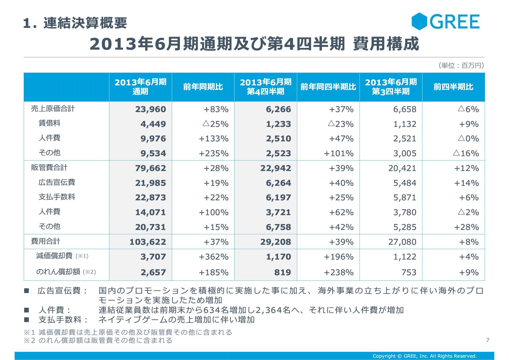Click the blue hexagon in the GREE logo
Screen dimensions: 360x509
tap(419, 21)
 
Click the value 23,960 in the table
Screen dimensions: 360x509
tap(150, 109)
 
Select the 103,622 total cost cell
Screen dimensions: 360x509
tap(147, 242)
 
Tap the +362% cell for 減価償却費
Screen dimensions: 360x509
tap(213, 257)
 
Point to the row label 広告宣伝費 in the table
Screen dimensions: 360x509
tap(57, 182)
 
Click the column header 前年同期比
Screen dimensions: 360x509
tap(203, 87)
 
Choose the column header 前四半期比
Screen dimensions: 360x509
tap(453, 87)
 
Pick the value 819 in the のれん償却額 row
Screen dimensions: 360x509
tap(282, 272)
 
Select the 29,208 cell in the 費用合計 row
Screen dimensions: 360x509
tap(275, 242)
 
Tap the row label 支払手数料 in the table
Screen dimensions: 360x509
tap(57, 197)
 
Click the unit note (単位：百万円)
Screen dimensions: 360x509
tap(461, 65)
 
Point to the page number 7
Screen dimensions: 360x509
tap(488, 340)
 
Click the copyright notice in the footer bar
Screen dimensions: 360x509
tap(425, 356)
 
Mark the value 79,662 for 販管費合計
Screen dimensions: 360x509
tap(150, 168)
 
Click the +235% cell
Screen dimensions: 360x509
tap(213, 153)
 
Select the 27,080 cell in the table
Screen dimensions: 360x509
tap(402, 242)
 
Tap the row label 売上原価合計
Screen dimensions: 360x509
tap(53, 109)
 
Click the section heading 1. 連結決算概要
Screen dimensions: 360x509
tap(75, 23)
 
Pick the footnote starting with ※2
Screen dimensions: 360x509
tap(98, 340)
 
